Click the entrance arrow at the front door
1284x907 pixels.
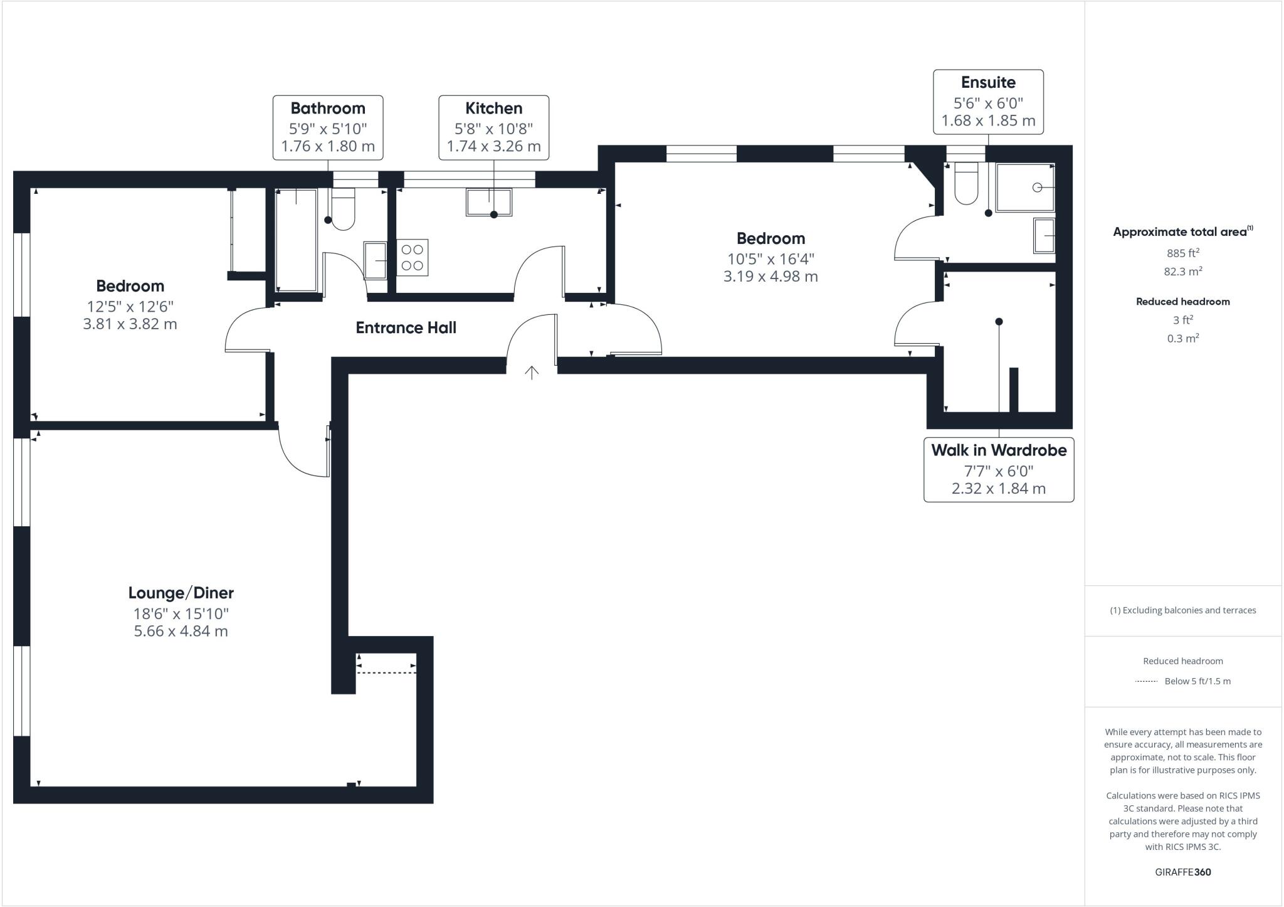(x=532, y=373)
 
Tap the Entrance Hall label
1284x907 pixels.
(x=406, y=327)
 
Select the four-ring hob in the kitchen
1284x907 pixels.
(x=412, y=257)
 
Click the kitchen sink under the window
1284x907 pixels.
(x=489, y=202)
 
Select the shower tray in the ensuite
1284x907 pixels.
(x=1024, y=188)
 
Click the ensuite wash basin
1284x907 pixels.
(x=1044, y=236)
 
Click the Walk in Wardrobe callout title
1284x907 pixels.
(x=999, y=450)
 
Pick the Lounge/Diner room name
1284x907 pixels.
(x=181, y=593)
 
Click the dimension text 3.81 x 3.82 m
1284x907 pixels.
(x=130, y=324)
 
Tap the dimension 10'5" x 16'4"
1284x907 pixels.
(x=771, y=258)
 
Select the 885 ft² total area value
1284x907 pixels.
(x=1182, y=253)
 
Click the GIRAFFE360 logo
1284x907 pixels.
(x=1182, y=872)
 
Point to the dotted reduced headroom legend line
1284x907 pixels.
(x=1146, y=681)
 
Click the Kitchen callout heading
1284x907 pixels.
(x=493, y=109)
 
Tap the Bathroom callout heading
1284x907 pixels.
(x=328, y=109)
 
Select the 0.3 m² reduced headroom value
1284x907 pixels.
(x=1182, y=338)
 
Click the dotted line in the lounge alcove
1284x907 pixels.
(x=386, y=673)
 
